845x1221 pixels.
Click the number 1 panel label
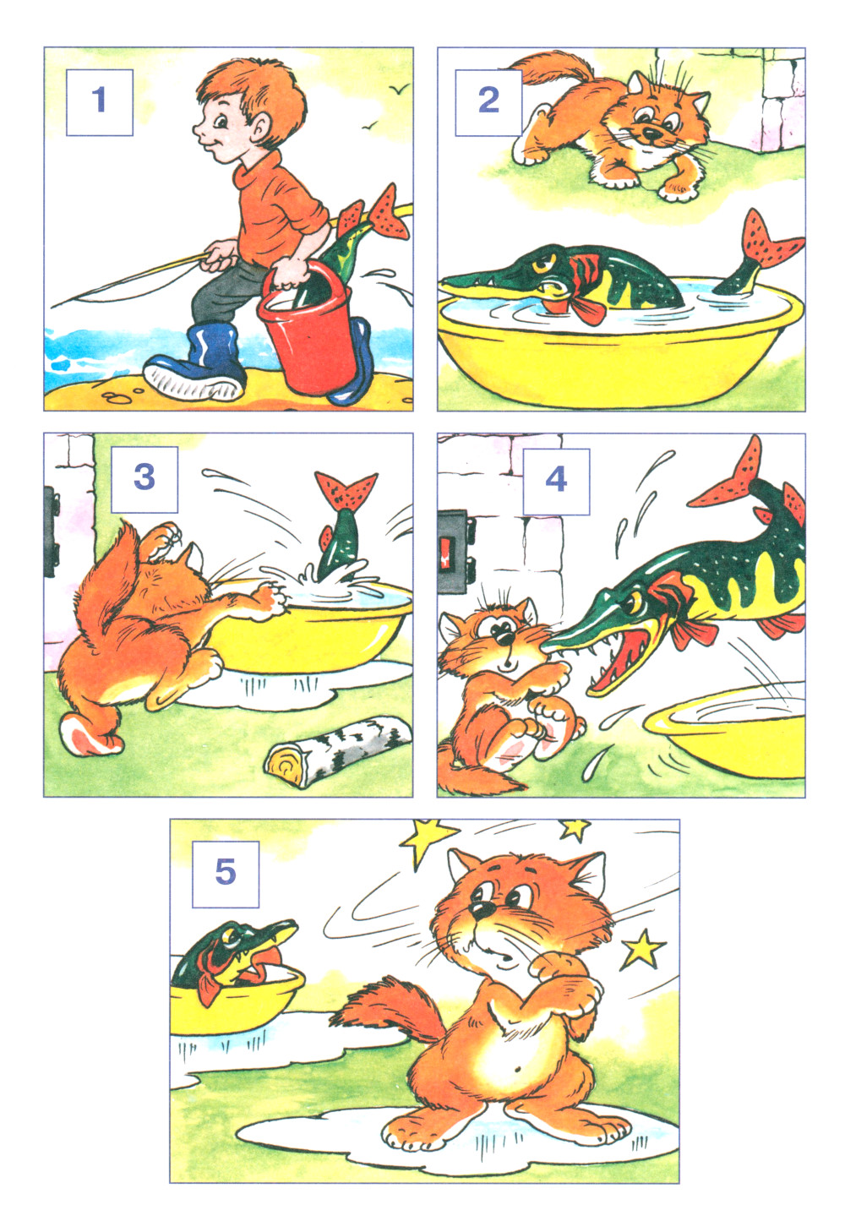[99, 102]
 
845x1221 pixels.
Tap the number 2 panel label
[488, 102]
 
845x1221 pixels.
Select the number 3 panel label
[144, 479]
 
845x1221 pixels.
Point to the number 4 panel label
[556, 482]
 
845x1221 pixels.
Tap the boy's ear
[259, 131]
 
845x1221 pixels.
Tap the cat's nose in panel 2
[649, 132]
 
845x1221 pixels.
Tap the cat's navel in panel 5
[517, 1067]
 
